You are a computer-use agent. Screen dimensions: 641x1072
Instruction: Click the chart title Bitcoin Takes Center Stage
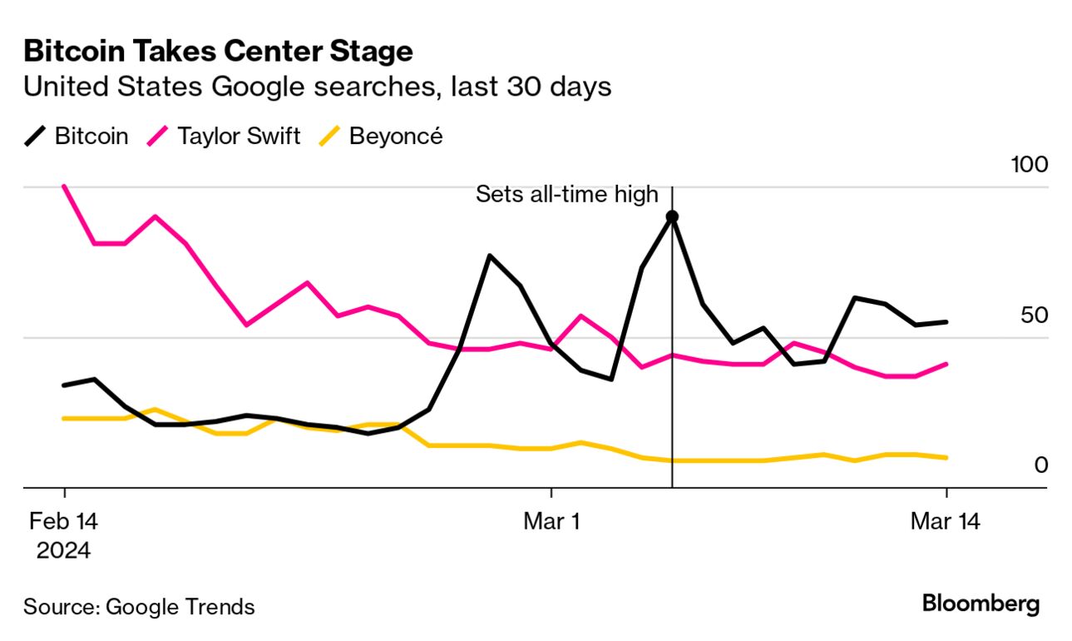[218, 52]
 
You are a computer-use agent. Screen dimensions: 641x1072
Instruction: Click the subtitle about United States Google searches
[318, 86]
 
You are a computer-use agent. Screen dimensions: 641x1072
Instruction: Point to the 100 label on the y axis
[1029, 164]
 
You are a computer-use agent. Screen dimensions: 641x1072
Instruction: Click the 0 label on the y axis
[1040, 465]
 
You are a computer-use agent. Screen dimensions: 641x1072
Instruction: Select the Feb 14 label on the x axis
[64, 522]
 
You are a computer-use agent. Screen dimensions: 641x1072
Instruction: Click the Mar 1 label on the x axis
[551, 522]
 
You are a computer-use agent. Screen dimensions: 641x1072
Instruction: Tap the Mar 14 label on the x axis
[946, 522]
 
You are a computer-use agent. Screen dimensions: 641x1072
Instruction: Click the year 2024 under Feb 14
[64, 550]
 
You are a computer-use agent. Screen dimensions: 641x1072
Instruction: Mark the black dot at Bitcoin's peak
[672, 216]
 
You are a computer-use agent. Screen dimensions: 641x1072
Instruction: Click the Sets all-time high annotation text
[566, 195]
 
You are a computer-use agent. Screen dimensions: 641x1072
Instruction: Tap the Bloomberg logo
[981, 604]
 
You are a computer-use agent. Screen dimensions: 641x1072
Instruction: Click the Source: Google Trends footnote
[139, 607]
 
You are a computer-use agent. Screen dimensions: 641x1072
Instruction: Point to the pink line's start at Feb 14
[64, 186]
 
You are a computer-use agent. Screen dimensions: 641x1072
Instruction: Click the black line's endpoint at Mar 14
[946, 322]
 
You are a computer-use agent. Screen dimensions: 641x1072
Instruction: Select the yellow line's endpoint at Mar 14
[946, 458]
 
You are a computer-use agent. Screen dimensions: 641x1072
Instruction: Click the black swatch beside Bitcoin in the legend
[35, 136]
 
